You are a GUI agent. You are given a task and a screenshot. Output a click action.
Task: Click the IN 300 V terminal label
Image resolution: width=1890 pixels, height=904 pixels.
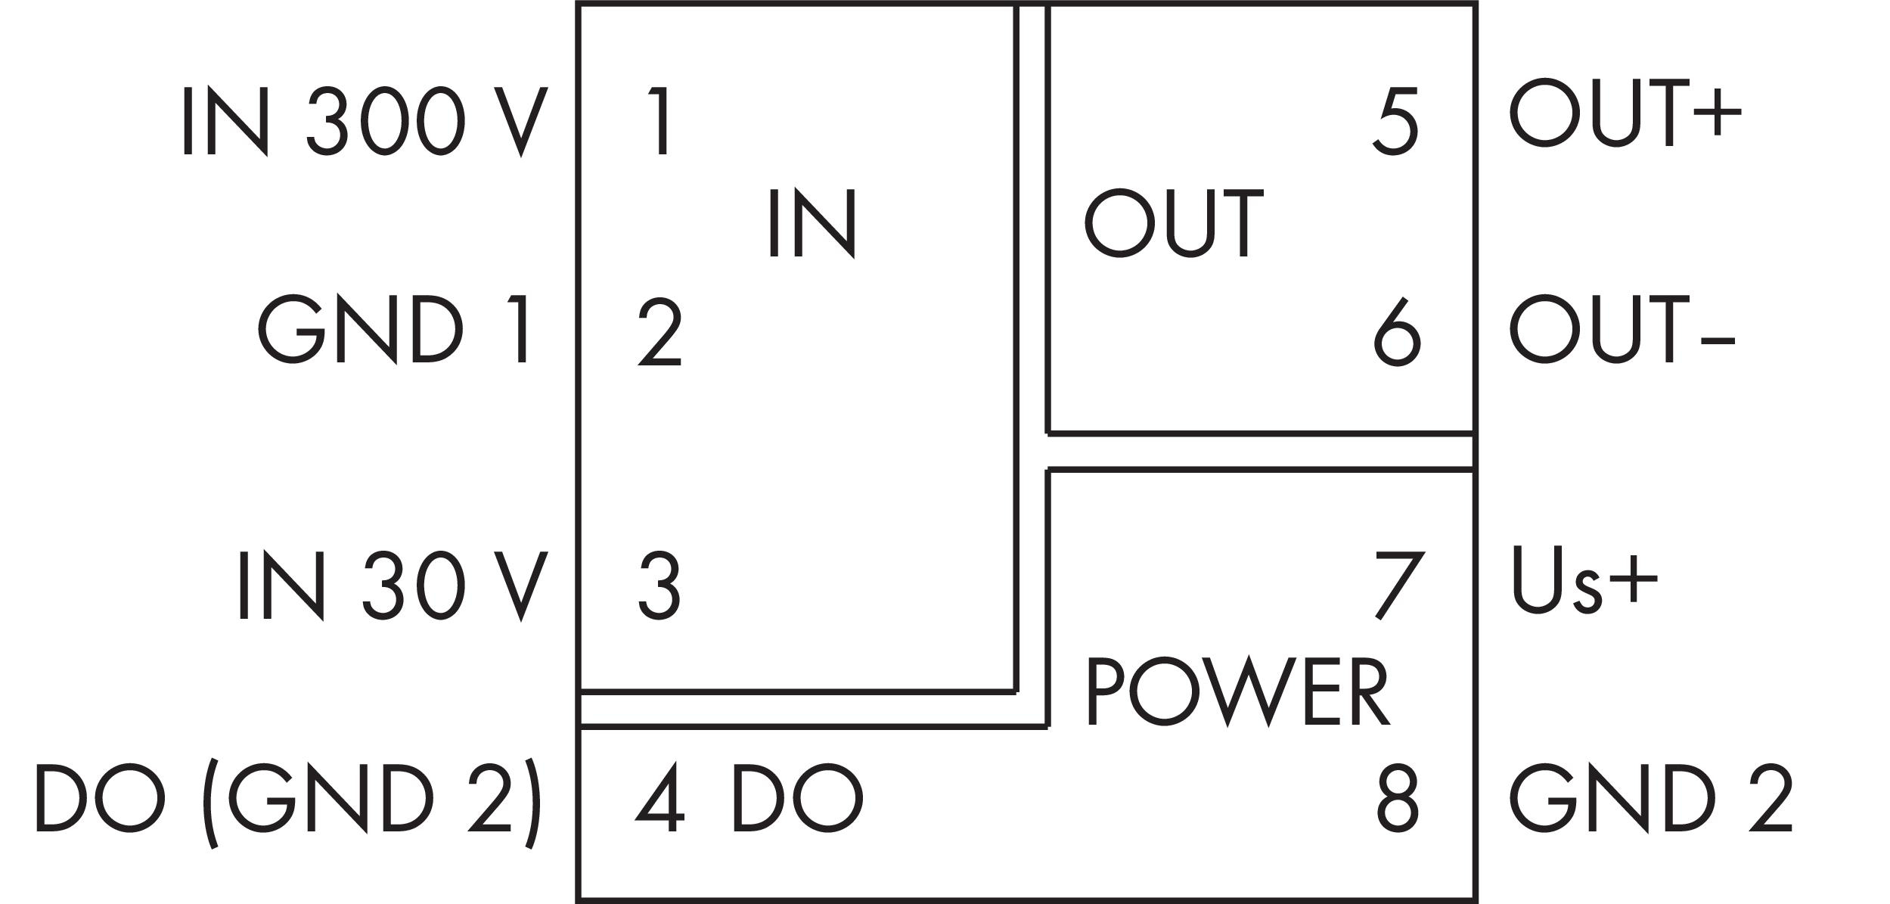(364, 122)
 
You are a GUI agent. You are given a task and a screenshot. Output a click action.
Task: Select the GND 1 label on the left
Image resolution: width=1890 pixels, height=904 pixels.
(394, 330)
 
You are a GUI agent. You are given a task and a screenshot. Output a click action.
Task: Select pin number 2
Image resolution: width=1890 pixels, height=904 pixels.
(659, 332)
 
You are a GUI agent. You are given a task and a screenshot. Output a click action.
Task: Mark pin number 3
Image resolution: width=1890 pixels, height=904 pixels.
(659, 586)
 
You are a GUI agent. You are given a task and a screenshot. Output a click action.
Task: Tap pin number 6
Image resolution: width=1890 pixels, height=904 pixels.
(1397, 332)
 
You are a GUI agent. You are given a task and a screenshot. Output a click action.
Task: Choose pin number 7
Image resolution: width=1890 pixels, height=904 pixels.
(1399, 586)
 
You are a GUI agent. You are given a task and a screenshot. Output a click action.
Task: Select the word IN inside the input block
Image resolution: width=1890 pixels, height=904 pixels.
(812, 223)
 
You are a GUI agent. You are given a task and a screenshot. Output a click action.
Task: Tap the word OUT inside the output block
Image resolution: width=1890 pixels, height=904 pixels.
(1174, 222)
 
